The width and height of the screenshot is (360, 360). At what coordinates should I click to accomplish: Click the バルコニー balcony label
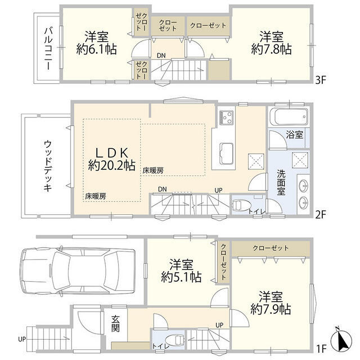tap(48, 48)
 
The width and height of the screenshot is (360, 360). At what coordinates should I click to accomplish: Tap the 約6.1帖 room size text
tap(96, 49)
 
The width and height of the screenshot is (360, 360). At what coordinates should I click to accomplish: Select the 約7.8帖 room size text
tap(271, 49)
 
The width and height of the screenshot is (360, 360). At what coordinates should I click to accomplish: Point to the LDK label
tap(112, 152)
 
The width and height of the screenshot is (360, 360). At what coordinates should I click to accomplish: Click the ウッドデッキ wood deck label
tap(47, 166)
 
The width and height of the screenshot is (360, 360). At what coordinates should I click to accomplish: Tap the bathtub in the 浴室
tap(289, 116)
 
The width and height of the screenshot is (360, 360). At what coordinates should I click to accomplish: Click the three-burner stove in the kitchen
tap(226, 118)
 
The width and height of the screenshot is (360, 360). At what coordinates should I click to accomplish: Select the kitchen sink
tap(226, 154)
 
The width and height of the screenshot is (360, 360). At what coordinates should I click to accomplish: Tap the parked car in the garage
tap(78, 271)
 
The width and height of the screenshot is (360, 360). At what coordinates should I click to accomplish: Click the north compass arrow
tap(341, 339)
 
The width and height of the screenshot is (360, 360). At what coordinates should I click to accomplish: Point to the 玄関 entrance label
tap(115, 324)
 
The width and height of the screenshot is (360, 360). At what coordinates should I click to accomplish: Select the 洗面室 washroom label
tap(281, 183)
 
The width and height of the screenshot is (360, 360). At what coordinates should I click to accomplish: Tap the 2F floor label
tap(321, 215)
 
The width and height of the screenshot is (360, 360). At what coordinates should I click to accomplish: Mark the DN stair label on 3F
tap(161, 56)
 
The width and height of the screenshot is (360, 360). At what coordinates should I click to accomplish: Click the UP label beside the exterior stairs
tap(22, 339)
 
